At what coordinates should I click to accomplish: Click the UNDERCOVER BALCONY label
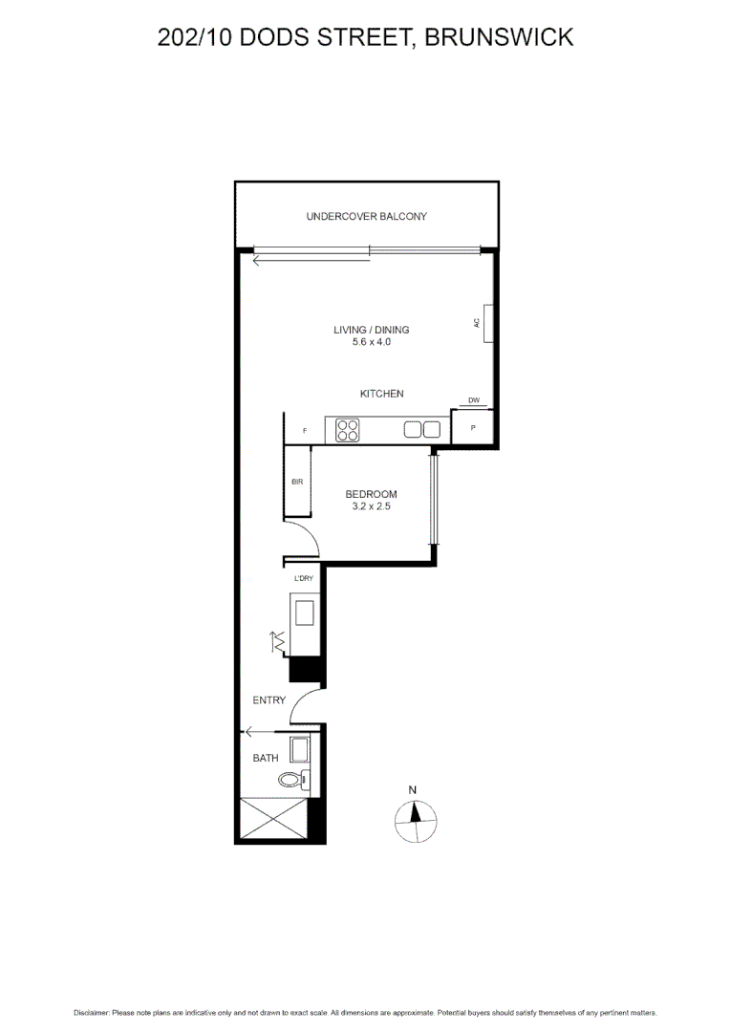tap(366, 217)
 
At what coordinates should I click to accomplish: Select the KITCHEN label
tap(381, 394)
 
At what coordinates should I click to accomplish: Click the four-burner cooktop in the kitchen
tap(347, 430)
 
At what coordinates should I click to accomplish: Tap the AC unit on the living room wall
tap(487, 323)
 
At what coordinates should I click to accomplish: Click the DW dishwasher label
tap(473, 400)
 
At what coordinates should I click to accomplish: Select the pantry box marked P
tap(472, 428)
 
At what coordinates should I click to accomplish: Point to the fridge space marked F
tap(305, 431)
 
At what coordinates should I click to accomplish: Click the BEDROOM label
tap(371, 494)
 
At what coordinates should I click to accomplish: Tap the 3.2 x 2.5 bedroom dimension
tap(371, 506)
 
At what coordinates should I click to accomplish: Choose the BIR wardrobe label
tap(297, 483)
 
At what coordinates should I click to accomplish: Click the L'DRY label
tap(304, 579)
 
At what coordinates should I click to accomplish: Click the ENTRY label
tap(268, 700)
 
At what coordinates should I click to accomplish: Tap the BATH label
tap(265, 758)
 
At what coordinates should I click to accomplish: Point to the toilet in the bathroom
tap(305, 779)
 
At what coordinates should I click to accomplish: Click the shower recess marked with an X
tap(274, 818)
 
